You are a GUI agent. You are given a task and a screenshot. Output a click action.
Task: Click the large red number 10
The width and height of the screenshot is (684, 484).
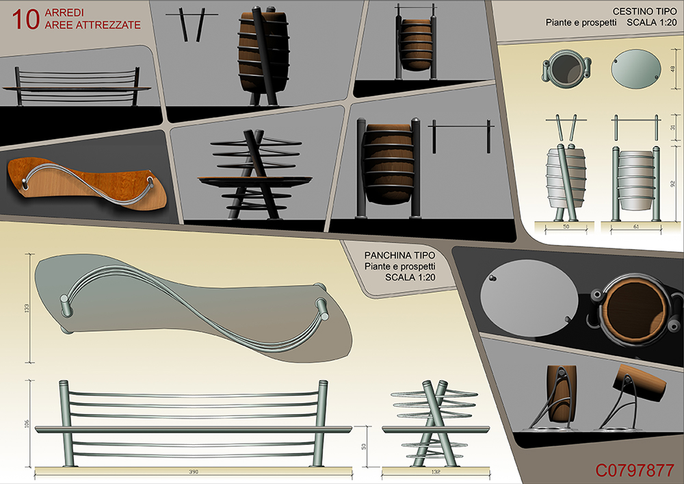[x=26, y=20]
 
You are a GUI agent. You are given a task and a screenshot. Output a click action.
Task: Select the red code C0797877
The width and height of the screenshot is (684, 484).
[x=635, y=470]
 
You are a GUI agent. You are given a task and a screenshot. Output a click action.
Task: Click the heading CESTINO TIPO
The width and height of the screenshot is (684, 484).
[x=644, y=12]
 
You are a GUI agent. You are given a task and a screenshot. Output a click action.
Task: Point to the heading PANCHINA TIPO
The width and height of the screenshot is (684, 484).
[x=399, y=255]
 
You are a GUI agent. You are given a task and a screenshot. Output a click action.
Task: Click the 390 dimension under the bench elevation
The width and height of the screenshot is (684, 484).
[x=194, y=472]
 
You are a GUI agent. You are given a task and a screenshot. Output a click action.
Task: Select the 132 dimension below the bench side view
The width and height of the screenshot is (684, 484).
[x=435, y=472]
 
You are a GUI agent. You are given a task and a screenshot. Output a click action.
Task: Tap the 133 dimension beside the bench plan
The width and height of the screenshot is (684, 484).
[x=27, y=309]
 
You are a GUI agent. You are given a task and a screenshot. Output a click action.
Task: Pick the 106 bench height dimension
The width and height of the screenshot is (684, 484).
[x=27, y=423]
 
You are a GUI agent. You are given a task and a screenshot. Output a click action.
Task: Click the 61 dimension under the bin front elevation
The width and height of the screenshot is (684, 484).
[x=635, y=227]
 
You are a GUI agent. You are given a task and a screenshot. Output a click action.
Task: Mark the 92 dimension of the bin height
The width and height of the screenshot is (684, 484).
[x=672, y=184]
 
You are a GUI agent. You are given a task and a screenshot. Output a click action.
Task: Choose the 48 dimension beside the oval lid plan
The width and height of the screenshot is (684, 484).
[x=672, y=69]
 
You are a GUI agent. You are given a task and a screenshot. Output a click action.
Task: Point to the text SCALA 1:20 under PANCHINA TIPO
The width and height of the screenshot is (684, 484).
[x=410, y=277]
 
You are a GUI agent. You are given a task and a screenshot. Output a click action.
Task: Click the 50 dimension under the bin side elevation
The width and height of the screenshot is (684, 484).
[x=566, y=227]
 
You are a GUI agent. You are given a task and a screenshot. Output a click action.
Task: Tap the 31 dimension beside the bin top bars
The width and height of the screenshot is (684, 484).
[x=672, y=127]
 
